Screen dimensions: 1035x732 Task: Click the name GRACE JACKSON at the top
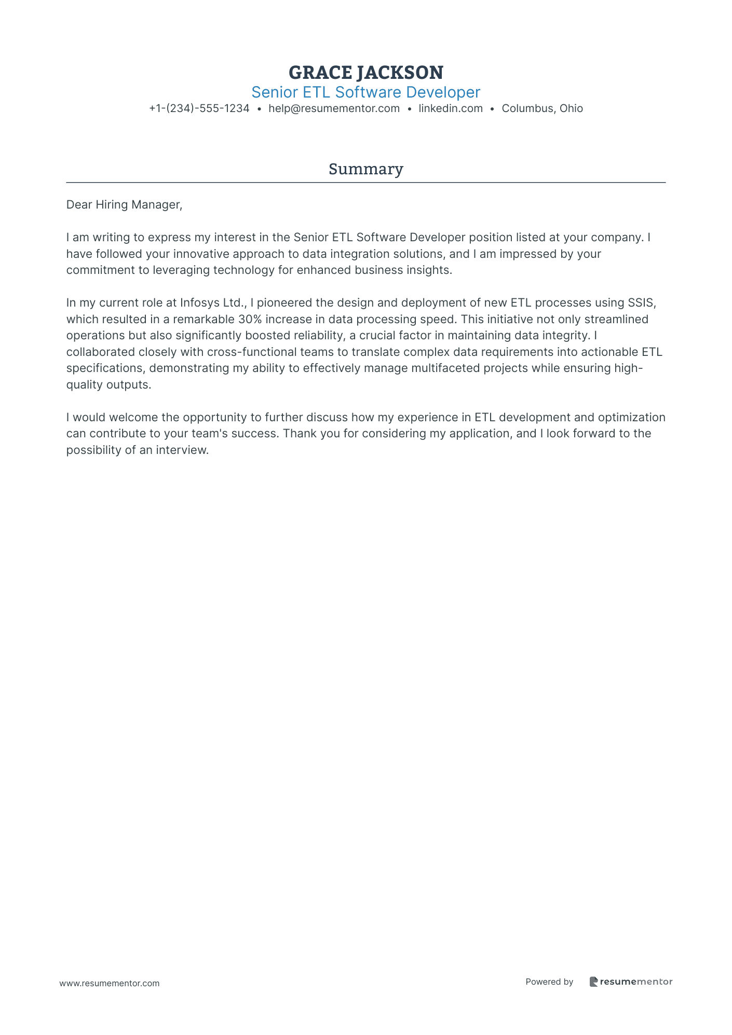pos(365,72)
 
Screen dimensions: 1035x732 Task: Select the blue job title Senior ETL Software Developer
pos(365,92)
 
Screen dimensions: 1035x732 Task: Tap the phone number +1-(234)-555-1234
pos(199,108)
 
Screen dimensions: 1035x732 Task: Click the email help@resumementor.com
pos(334,108)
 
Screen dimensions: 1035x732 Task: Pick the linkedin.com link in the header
pos(451,108)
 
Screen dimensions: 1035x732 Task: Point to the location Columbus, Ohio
pos(542,108)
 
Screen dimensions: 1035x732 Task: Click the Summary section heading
pos(365,169)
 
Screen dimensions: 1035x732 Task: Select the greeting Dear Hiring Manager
pos(124,205)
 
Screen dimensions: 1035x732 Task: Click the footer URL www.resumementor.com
pos(110,983)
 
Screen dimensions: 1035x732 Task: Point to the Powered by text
pos(549,982)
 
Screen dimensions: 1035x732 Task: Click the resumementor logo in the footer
pos(631,982)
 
